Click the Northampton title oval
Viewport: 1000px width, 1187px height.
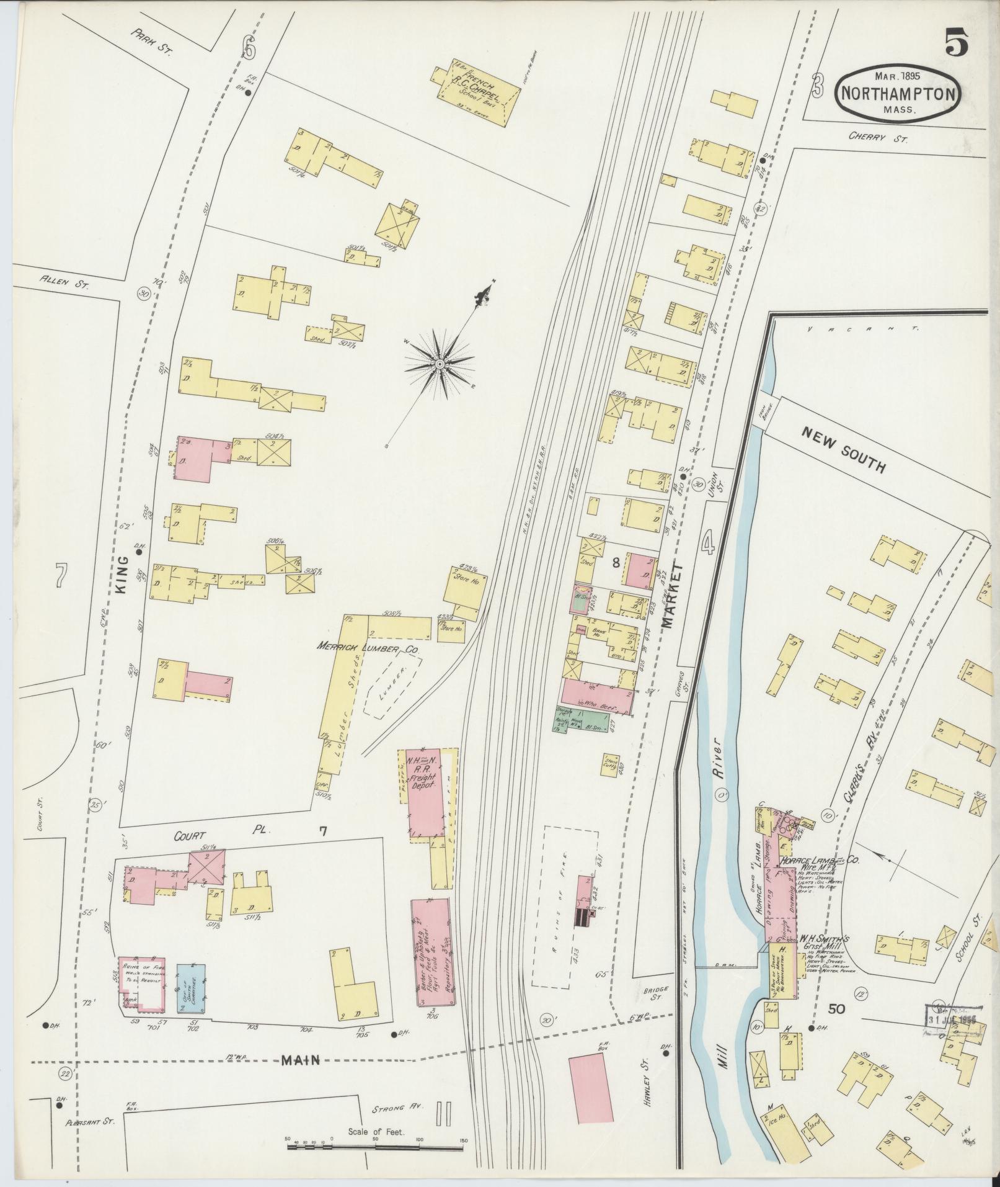[897, 93]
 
